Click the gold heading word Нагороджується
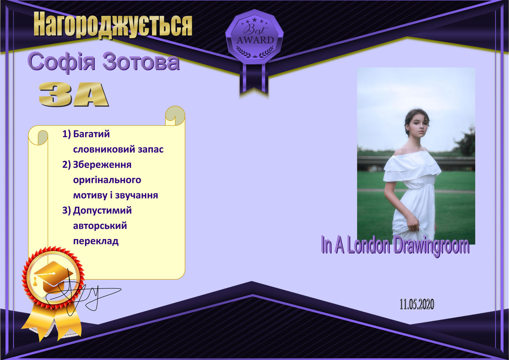click(x=113, y=25)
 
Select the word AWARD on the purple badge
click(x=255, y=40)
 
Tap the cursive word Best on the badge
click(x=255, y=29)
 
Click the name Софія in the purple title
click(x=61, y=61)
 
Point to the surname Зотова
click(x=141, y=61)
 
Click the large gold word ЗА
click(x=74, y=94)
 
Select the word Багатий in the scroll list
click(x=91, y=134)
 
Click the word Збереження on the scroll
click(x=102, y=165)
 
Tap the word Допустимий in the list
click(x=102, y=211)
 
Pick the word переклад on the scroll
click(x=96, y=241)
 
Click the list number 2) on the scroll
click(x=67, y=165)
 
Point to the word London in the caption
click(x=369, y=245)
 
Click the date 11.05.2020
click(x=417, y=304)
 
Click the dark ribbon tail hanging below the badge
click(x=254, y=78)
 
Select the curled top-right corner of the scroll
click(x=175, y=115)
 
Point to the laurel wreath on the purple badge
click(x=255, y=52)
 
